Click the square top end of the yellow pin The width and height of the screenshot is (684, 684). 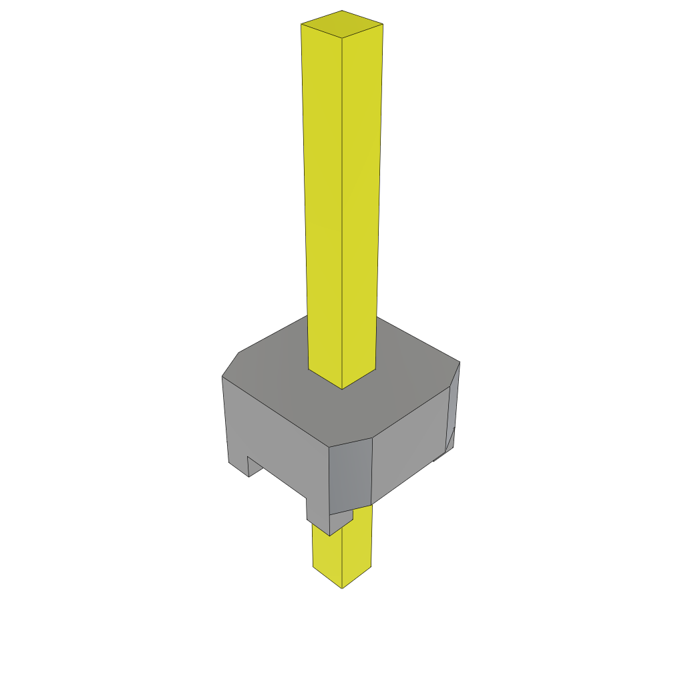(x=342, y=24)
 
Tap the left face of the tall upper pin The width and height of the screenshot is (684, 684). (x=323, y=200)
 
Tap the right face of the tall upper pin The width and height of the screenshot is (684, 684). (x=361, y=200)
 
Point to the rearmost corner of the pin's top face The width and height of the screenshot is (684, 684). (x=342, y=11)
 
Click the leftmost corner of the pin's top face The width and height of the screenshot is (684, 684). (x=301, y=24)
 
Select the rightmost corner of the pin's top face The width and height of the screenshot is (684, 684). (x=383, y=24)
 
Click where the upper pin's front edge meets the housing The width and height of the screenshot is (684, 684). (x=342, y=388)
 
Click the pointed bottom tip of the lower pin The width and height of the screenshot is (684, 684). (x=342, y=588)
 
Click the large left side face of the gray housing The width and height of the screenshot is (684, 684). (x=274, y=434)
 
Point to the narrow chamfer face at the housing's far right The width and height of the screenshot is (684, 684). (x=454, y=407)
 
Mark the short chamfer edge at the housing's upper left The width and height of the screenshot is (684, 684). (x=230, y=364)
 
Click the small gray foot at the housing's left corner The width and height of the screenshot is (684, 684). (x=238, y=466)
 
